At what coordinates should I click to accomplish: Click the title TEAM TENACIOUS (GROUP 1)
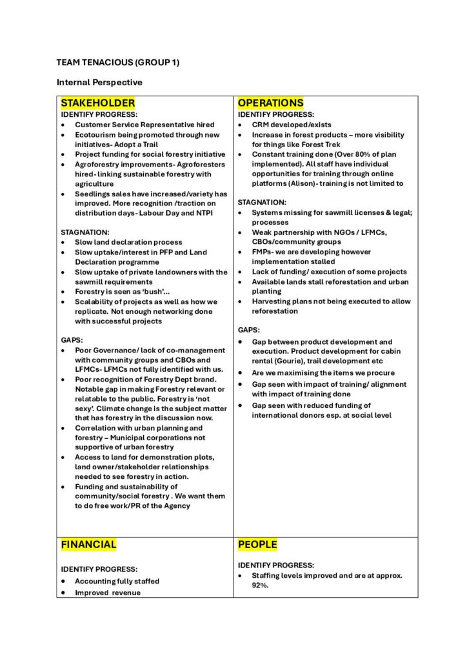(x=117, y=63)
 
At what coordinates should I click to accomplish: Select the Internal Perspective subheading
(x=99, y=83)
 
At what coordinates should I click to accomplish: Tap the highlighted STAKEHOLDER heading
(x=98, y=103)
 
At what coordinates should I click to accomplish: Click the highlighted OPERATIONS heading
(x=270, y=103)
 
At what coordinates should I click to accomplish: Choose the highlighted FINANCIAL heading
(x=89, y=544)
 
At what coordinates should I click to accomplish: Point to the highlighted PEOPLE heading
(x=257, y=545)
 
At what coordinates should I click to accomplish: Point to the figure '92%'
(x=260, y=585)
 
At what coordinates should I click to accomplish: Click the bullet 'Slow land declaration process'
(x=128, y=242)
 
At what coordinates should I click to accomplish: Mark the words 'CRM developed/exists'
(x=288, y=125)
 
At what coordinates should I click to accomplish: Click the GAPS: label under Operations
(x=249, y=330)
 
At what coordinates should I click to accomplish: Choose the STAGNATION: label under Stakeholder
(x=86, y=232)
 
